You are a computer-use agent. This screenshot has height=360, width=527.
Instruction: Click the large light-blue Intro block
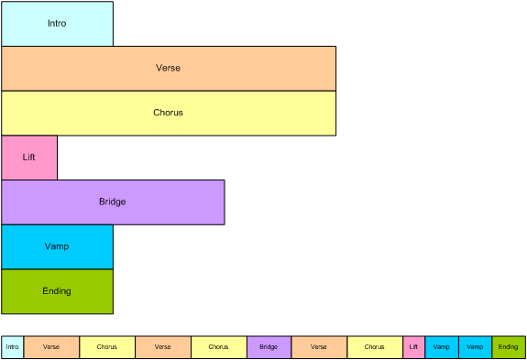[x=58, y=24]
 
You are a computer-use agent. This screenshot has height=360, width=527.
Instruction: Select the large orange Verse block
[x=169, y=69]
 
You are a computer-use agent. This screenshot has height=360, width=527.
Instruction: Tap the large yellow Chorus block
[x=169, y=114]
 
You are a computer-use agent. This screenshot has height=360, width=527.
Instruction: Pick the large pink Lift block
[x=29, y=158]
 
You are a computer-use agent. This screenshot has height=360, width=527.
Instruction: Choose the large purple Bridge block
[x=113, y=202]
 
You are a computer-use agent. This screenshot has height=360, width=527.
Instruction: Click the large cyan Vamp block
[x=58, y=246]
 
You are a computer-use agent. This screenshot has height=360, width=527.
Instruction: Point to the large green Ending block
[x=58, y=291]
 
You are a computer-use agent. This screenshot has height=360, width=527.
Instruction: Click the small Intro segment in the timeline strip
[x=13, y=347]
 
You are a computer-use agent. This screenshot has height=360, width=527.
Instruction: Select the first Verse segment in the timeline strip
[x=51, y=347]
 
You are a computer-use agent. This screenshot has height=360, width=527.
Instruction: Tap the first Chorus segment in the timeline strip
[x=107, y=347]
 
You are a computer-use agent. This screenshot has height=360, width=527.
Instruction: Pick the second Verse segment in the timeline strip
[x=163, y=347]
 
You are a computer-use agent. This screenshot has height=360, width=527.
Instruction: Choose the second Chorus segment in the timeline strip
[x=219, y=347]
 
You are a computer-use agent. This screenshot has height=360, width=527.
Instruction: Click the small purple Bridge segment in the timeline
[x=269, y=347]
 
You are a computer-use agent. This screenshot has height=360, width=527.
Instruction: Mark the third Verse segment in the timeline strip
[x=319, y=347]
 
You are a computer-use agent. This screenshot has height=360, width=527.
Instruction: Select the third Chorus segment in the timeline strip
[x=375, y=347]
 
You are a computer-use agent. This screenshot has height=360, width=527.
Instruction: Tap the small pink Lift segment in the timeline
[x=413, y=347]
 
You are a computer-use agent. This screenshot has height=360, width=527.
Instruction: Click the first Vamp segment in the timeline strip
[x=442, y=347]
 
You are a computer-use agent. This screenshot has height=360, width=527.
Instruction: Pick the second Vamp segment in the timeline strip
[x=476, y=347]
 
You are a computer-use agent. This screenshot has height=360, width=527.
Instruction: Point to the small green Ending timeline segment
[x=509, y=347]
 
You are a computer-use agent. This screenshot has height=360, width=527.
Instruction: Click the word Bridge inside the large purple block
[x=113, y=202]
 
